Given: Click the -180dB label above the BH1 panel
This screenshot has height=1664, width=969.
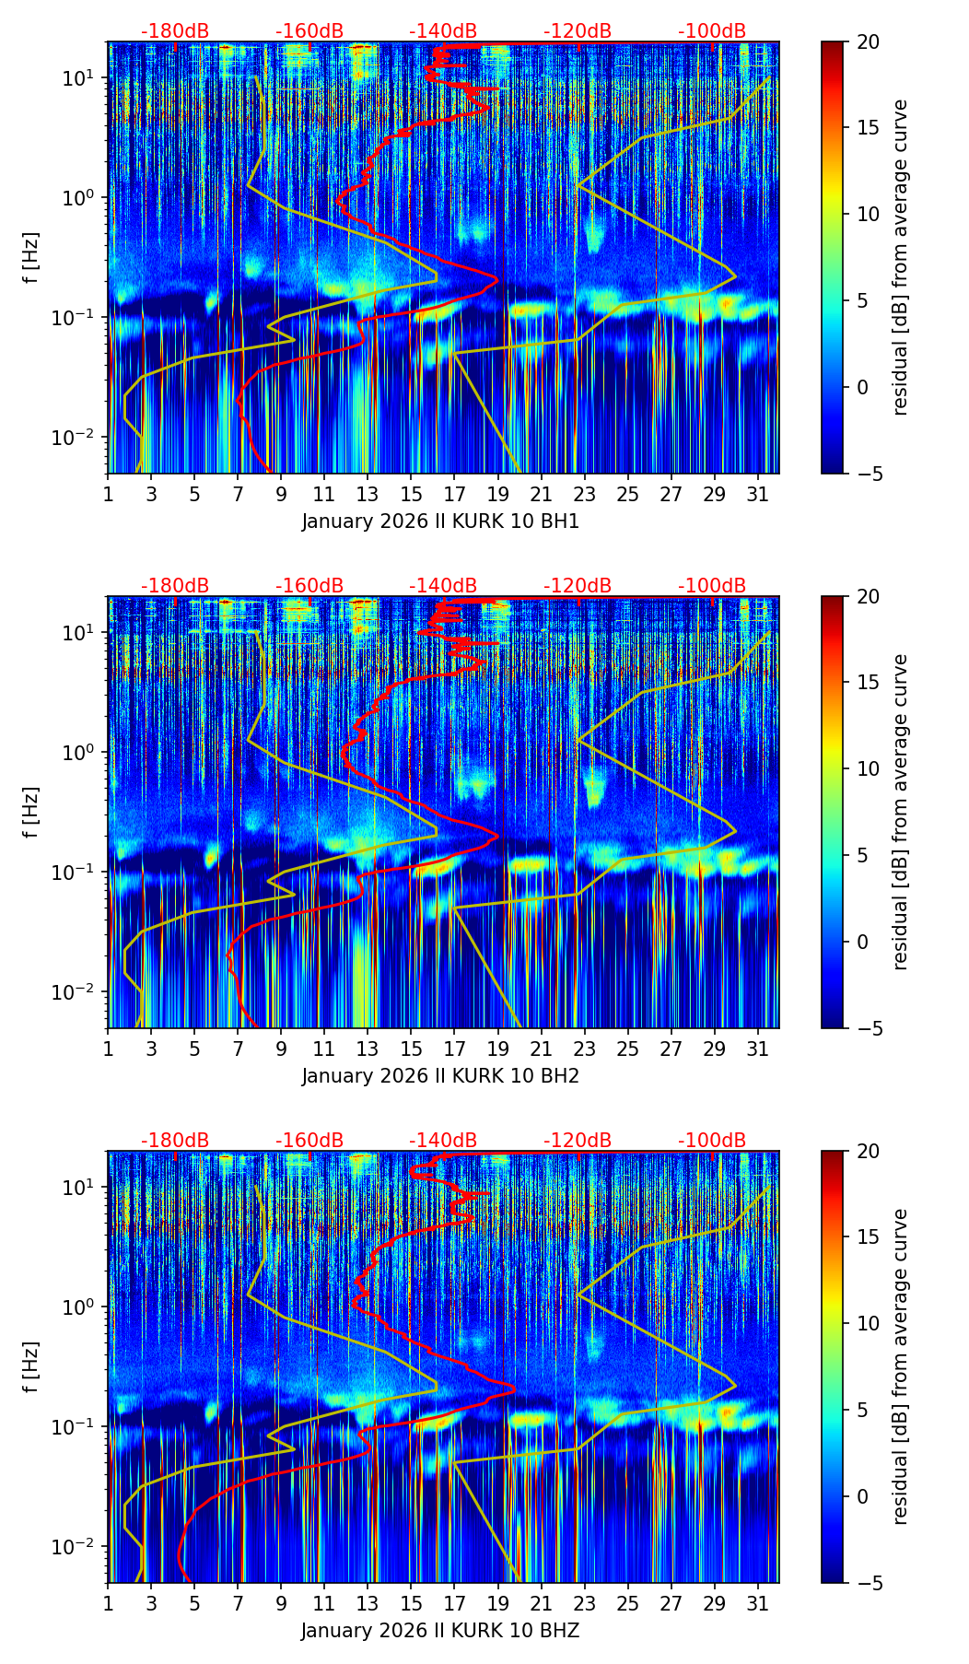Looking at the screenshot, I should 175,31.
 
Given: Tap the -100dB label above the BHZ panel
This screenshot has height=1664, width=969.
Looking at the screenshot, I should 712,1141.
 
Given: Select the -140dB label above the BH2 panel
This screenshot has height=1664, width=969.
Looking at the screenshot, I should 443,586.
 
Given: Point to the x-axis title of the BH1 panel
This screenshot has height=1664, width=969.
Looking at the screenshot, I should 440,521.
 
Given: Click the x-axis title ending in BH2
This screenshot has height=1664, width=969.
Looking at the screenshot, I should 440,1076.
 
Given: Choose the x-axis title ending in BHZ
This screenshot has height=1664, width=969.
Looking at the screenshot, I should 440,1631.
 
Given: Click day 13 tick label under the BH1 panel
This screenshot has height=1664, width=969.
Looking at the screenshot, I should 368,495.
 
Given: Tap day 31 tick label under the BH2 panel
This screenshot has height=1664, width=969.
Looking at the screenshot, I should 757,1049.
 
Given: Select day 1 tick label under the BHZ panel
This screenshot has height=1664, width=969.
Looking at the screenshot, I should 109,1604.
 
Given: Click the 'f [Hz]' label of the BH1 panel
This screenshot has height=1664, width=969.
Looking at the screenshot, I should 32,257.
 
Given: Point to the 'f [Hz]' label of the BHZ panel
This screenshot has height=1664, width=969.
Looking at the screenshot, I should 32,1366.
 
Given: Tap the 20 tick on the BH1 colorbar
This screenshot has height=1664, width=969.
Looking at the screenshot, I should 869,42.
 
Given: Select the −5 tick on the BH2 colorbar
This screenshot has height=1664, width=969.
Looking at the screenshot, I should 868,1028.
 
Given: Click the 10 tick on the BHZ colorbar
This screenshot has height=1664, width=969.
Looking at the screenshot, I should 869,1324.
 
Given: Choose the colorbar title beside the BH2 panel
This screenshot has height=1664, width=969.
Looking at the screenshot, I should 900,812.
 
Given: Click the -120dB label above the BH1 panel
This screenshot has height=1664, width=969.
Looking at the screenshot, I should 578,31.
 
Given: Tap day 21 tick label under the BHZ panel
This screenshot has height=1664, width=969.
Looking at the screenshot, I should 541,1604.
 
